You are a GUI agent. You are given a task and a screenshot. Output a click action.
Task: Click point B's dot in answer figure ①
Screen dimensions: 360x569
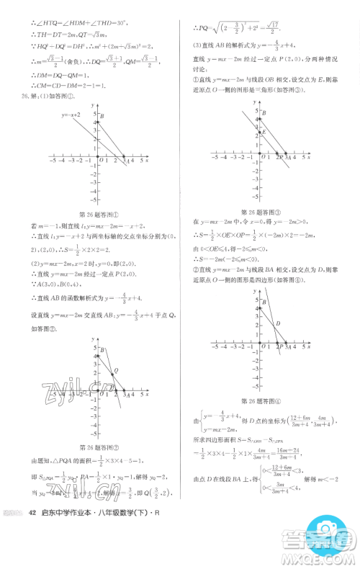[99, 122]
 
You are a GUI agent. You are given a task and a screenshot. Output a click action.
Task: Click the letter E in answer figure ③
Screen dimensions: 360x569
[263, 133]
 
